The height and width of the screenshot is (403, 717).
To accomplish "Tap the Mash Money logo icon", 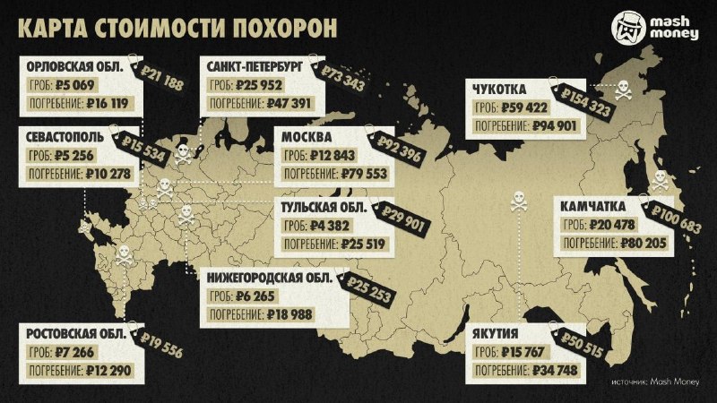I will coord(631,27).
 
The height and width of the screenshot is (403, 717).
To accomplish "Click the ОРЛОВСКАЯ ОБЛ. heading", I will coord(76,67).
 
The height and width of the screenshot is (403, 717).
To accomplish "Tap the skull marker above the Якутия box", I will coord(517,203).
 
